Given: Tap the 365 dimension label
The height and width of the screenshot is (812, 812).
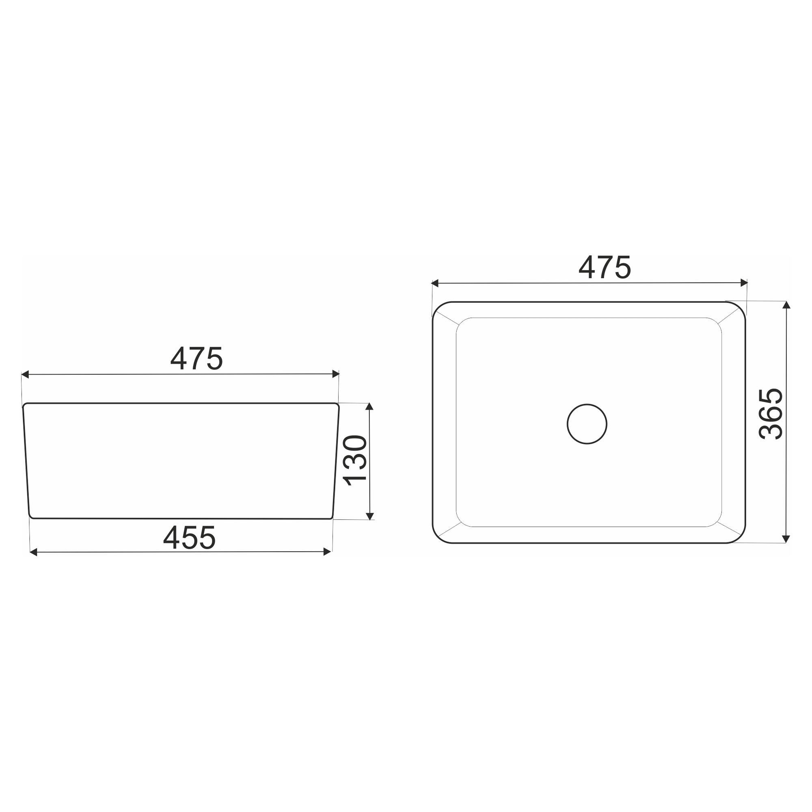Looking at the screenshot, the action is pyautogui.click(x=771, y=414).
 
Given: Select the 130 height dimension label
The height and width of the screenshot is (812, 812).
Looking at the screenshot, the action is pyautogui.click(x=355, y=461).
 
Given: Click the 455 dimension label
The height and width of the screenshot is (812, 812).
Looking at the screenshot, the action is pyautogui.click(x=190, y=538).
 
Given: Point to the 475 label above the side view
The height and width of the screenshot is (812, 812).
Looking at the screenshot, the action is pyautogui.click(x=196, y=358).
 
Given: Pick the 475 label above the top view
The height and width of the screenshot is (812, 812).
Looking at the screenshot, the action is pyautogui.click(x=605, y=267).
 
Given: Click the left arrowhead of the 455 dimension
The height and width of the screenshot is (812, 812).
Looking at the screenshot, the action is pyautogui.click(x=34, y=552).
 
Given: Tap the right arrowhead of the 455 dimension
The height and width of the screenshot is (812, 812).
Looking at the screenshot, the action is pyautogui.click(x=327, y=552).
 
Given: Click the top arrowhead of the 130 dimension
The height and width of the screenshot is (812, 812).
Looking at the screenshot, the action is pyautogui.click(x=369, y=406).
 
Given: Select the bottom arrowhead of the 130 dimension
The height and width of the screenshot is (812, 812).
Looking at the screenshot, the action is pyautogui.click(x=370, y=516).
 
